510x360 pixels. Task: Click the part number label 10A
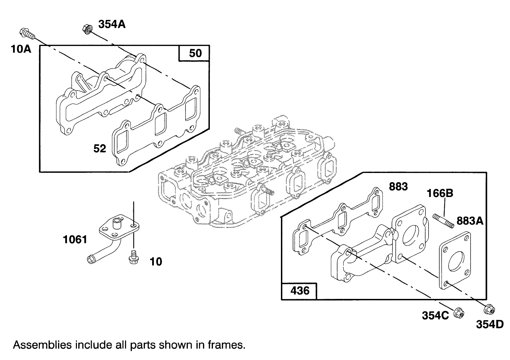tap(21, 49)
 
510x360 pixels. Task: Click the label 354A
tap(112, 24)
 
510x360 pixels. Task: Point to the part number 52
tap(100, 149)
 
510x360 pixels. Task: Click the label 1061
tap(75, 239)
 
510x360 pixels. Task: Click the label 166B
tap(440, 193)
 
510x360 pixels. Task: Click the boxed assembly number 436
tap(299, 291)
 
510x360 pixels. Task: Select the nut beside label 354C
tap(458, 313)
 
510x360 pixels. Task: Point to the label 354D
tap(489, 324)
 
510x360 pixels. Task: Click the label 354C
tap(435, 315)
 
